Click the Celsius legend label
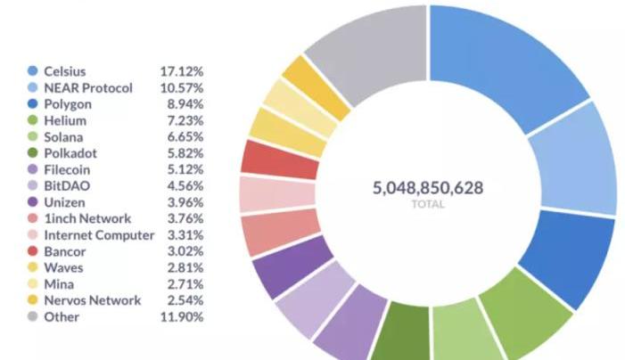(x=65, y=70)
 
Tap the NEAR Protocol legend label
(x=88, y=87)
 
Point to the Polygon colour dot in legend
(x=33, y=104)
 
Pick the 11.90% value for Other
(x=184, y=316)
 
